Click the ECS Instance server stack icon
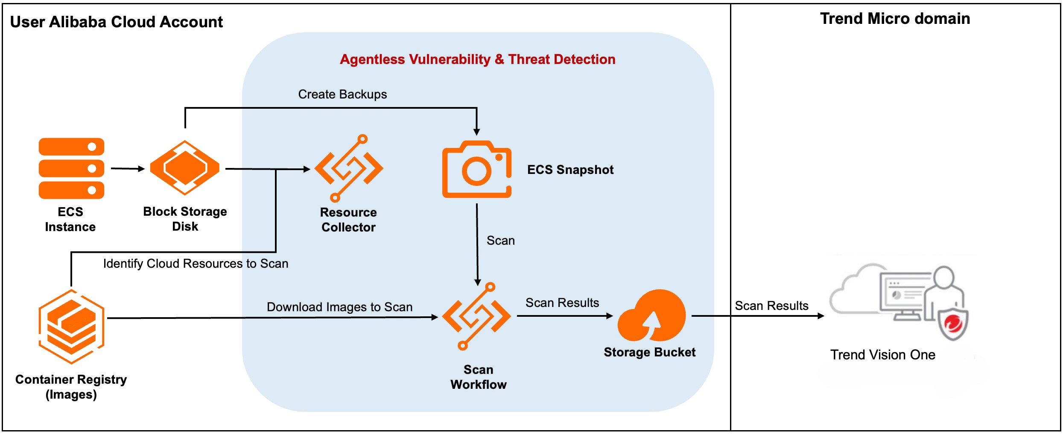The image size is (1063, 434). (x=71, y=168)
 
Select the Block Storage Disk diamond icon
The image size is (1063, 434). (x=184, y=168)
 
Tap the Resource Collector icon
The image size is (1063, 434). (x=349, y=168)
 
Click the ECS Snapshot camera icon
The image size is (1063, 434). (x=477, y=170)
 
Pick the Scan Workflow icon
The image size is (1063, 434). (x=477, y=316)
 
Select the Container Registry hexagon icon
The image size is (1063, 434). (x=71, y=327)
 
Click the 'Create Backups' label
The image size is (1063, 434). (x=342, y=94)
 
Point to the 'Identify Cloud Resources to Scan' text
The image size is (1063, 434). (x=196, y=263)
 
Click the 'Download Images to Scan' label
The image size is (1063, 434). (x=339, y=307)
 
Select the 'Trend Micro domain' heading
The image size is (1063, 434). (x=895, y=19)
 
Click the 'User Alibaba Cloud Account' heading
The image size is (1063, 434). (x=116, y=22)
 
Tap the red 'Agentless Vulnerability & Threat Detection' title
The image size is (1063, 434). (x=477, y=59)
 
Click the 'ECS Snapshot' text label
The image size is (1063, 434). (x=570, y=170)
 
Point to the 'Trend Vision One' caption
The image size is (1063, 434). (x=882, y=355)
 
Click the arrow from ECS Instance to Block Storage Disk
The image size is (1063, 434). (x=127, y=169)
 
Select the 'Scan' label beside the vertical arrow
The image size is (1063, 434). (x=500, y=240)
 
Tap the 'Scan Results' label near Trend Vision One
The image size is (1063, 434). (x=771, y=306)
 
